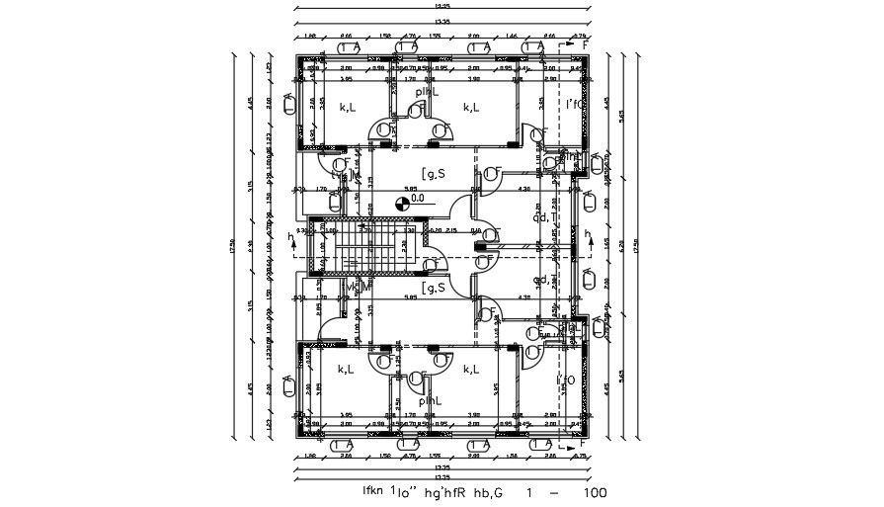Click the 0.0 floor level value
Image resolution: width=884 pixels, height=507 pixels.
pos(418,198)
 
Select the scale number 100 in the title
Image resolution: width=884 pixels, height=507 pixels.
pos(595,491)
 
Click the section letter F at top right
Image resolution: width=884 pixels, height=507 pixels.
pos(585,44)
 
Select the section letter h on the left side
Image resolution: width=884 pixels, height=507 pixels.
pos(290,236)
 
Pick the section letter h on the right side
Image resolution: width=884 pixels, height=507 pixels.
pos(590,235)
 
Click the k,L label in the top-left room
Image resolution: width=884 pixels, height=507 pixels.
pos(347,107)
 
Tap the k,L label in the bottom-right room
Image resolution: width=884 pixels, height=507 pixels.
pos(471,369)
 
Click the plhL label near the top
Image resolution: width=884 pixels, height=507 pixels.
pos(428,91)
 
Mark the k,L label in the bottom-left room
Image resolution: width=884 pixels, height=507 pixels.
pos(347,369)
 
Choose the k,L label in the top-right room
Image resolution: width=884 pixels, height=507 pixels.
pos(471,107)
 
